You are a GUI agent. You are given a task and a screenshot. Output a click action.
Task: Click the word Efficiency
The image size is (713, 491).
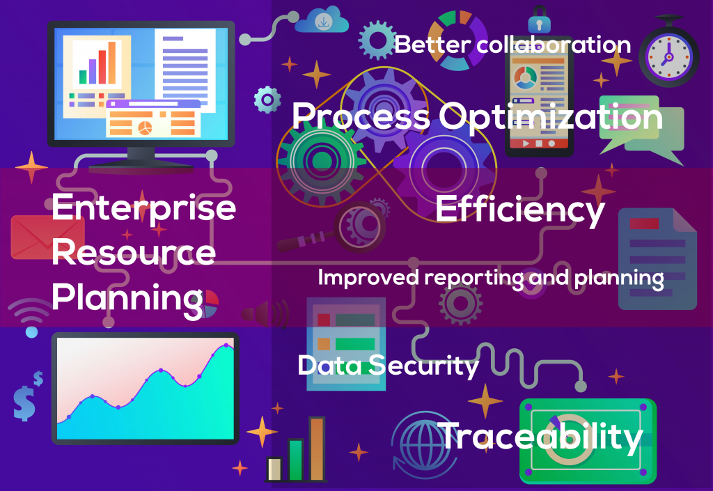520,209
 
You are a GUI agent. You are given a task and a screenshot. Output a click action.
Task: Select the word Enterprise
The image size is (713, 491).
143,208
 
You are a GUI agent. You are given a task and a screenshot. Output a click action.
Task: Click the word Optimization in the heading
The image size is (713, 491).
551,117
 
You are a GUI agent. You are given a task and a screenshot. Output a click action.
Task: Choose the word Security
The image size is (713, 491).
423,366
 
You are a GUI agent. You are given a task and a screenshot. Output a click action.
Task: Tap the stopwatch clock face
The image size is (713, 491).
668,58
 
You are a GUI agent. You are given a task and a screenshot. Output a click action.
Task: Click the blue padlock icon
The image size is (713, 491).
540,20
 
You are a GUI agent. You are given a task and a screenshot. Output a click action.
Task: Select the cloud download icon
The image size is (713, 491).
322,20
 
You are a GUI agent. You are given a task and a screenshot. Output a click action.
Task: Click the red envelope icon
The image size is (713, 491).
47,237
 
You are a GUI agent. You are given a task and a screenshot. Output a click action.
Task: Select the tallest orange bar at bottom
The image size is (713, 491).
317,449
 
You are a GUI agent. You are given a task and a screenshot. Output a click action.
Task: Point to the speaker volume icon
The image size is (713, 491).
265,313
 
